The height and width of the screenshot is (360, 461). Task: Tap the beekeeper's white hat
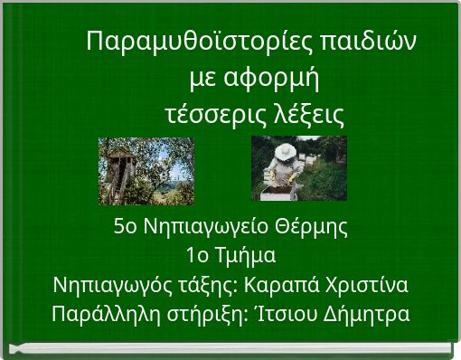tap(285, 149)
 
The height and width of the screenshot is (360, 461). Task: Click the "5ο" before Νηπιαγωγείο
tap(126, 226)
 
